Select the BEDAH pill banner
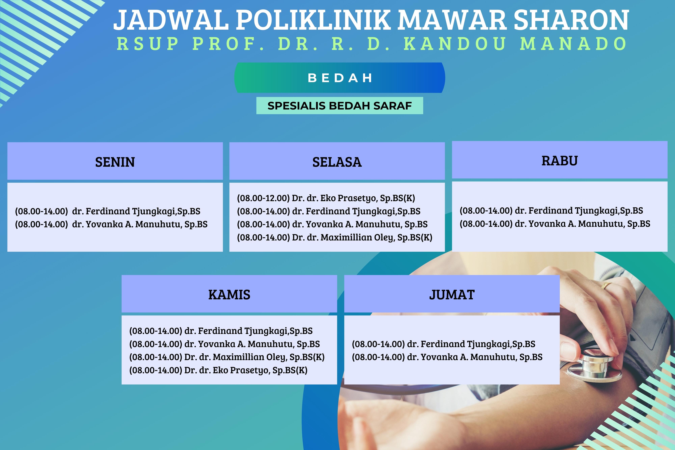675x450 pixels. [340, 78]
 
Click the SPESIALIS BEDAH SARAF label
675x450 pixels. [340, 106]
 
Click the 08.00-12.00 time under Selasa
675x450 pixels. [263, 198]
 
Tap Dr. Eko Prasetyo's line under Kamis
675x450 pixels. [218, 370]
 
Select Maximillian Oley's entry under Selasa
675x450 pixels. [334, 237]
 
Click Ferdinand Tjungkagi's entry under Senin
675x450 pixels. [107, 211]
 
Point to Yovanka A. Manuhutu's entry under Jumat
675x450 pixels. [447, 357]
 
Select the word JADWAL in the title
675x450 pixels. [171, 20]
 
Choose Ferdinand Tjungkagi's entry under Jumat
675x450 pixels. [443, 344]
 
